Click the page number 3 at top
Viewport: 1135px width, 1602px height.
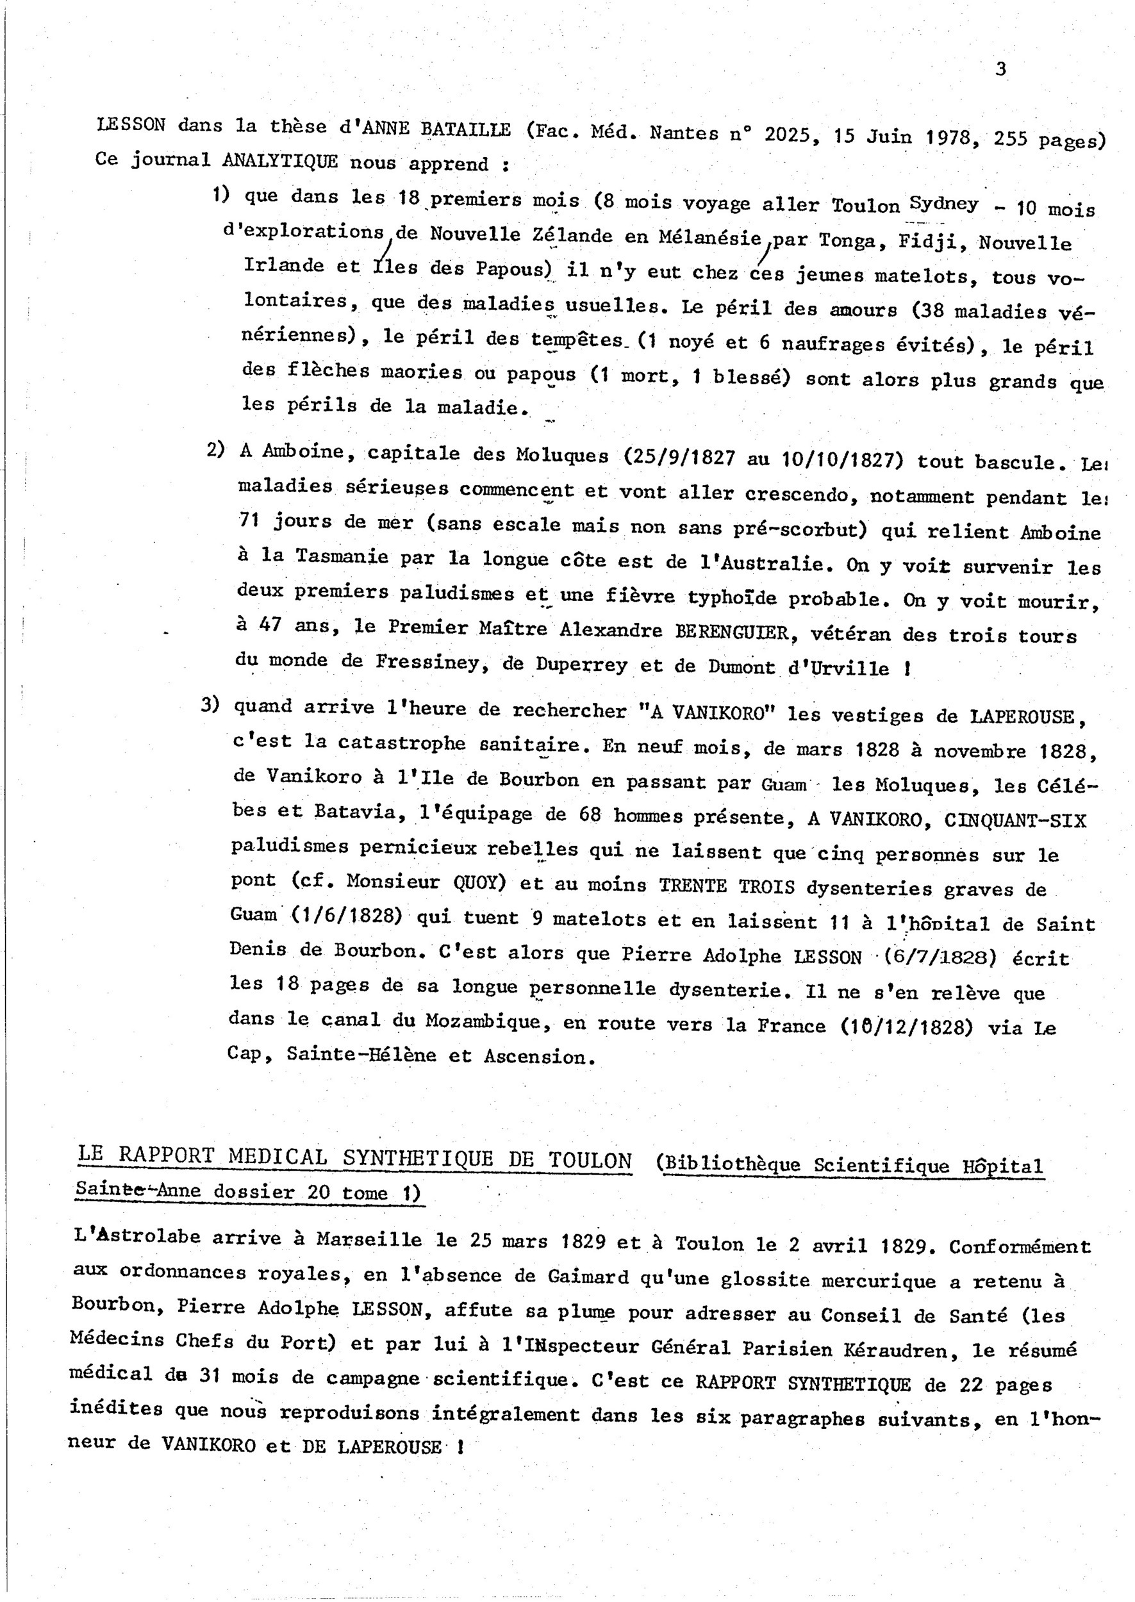[1000, 69]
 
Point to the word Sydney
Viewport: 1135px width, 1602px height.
[943, 203]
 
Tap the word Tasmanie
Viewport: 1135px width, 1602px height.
[342, 556]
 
